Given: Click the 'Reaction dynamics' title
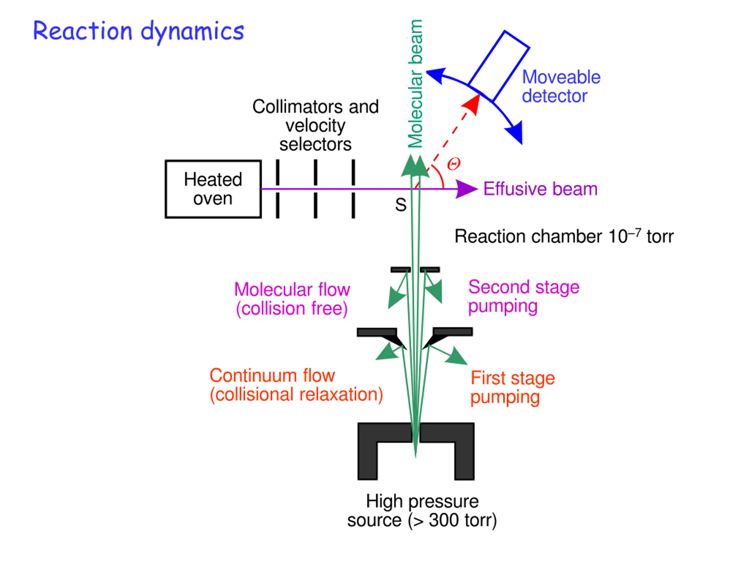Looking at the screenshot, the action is (138, 31).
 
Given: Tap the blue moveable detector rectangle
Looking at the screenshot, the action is (499, 66).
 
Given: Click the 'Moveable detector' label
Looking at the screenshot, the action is (561, 86).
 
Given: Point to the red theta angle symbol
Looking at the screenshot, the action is (453, 164).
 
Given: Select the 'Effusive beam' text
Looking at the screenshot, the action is (540, 189).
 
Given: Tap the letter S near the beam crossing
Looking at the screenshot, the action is (401, 205).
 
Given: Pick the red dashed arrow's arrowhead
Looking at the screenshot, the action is (472, 104).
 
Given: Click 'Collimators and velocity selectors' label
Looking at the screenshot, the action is (315, 125).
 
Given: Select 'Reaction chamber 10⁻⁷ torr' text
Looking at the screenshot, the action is (564, 236).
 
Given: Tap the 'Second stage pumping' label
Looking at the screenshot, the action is (524, 297).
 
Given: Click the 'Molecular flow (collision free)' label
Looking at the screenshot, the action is (292, 299).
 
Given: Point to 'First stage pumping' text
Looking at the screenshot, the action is (513, 388).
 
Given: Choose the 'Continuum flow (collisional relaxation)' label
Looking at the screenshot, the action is (296, 385).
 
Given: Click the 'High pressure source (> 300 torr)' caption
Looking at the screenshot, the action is (422, 511).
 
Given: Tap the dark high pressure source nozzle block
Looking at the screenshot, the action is (416, 451).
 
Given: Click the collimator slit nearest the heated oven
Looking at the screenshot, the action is (278, 189).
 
